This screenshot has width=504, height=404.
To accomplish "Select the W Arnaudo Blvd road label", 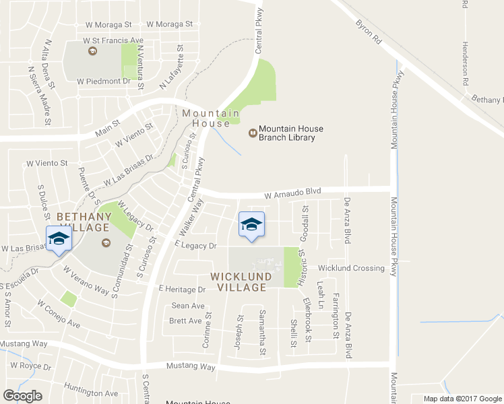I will [292, 194].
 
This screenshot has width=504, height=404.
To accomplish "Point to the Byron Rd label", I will [369, 32].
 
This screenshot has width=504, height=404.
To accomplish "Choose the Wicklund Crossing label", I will [351, 268].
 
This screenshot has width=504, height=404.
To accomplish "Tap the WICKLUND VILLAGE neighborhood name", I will [241, 281].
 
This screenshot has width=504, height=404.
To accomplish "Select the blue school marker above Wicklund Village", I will [251, 225].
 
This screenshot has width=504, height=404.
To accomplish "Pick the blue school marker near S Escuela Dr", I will [59, 238].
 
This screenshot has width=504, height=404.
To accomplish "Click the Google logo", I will [22, 396].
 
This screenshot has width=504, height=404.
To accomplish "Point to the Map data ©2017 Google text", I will [463, 399].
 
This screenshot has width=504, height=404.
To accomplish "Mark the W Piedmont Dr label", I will [103, 81].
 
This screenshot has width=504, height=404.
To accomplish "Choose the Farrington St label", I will [336, 316].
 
